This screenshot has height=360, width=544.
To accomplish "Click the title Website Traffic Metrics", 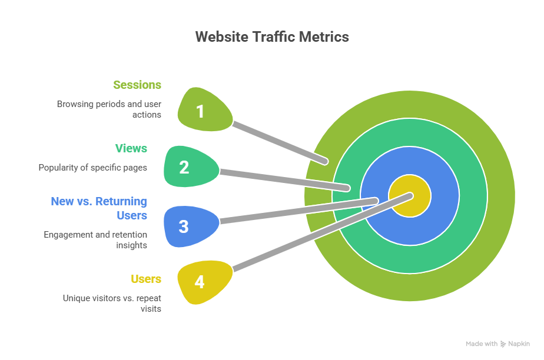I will [272, 36].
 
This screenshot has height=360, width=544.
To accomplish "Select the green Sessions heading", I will [137, 85].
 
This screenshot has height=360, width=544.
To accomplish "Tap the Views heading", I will [131, 148].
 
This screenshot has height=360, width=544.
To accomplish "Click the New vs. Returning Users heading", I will [99, 208].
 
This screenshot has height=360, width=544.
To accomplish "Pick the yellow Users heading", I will [146, 278].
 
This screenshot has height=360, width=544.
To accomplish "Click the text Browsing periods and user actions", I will [109, 109].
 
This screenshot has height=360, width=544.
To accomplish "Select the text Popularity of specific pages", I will [92, 168].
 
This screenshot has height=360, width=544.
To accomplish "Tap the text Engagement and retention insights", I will [95, 239].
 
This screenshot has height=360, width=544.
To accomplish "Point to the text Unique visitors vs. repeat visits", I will [112, 303].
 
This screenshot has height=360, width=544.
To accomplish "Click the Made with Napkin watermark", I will [497, 344].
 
